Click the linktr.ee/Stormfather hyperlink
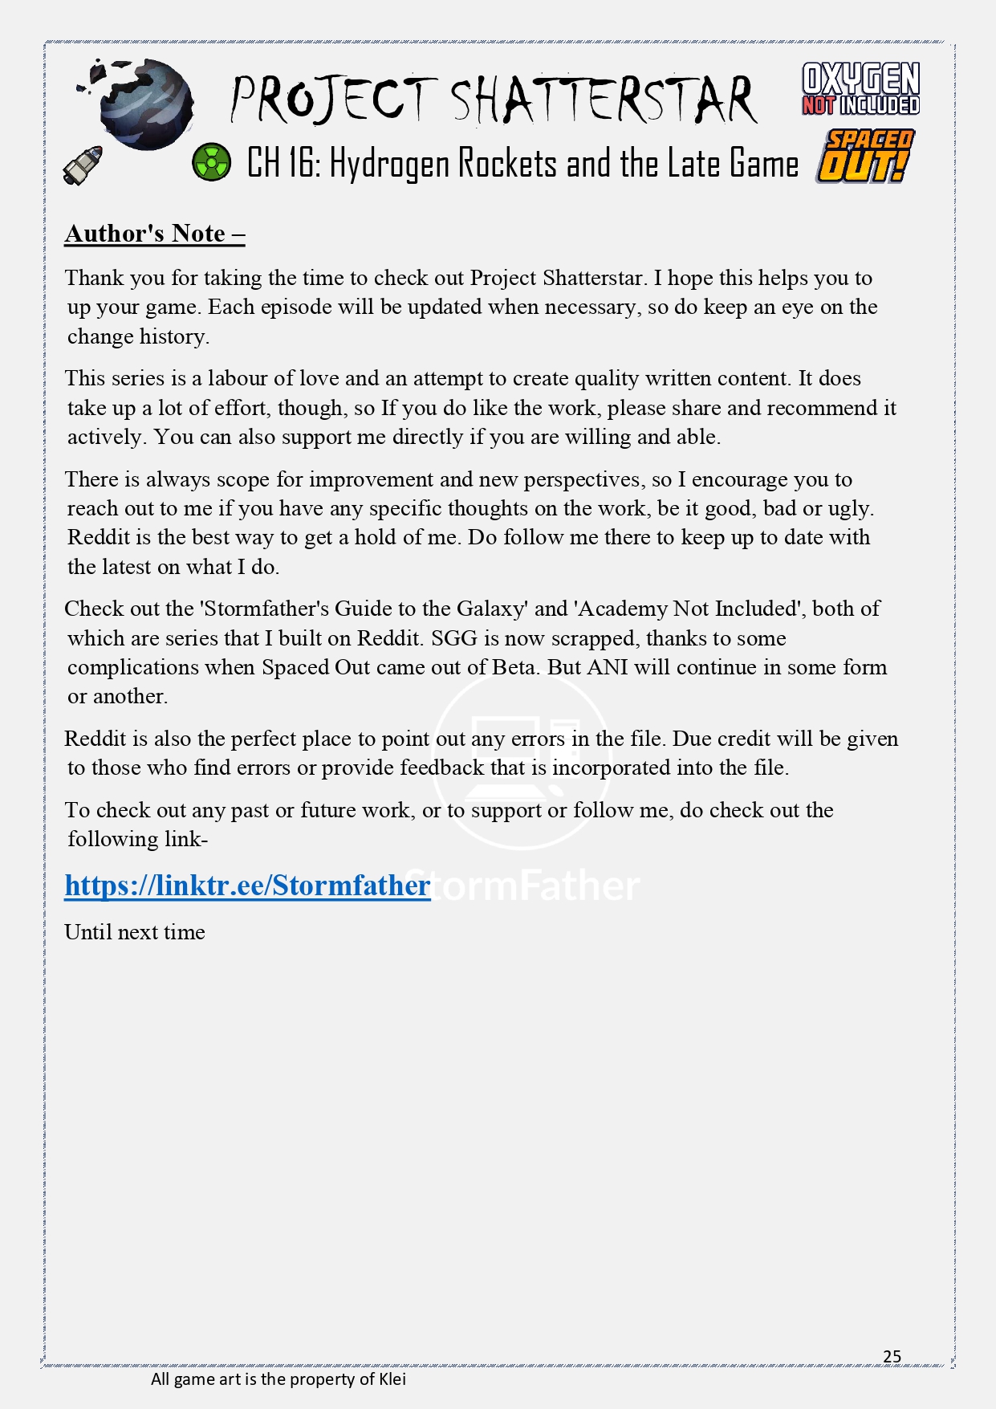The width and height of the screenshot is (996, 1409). (247, 886)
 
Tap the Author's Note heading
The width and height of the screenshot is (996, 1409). (154, 234)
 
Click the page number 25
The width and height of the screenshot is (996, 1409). (892, 1356)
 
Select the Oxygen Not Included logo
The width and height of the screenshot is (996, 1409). (860, 88)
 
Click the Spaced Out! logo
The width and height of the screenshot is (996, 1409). (864, 157)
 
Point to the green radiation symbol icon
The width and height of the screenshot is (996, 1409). (211, 162)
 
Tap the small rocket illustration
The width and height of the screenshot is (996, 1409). (83, 165)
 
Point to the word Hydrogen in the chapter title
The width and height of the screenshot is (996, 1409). (389, 164)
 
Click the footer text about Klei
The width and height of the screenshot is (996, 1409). (278, 1379)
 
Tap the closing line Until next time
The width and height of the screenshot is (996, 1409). (135, 932)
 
